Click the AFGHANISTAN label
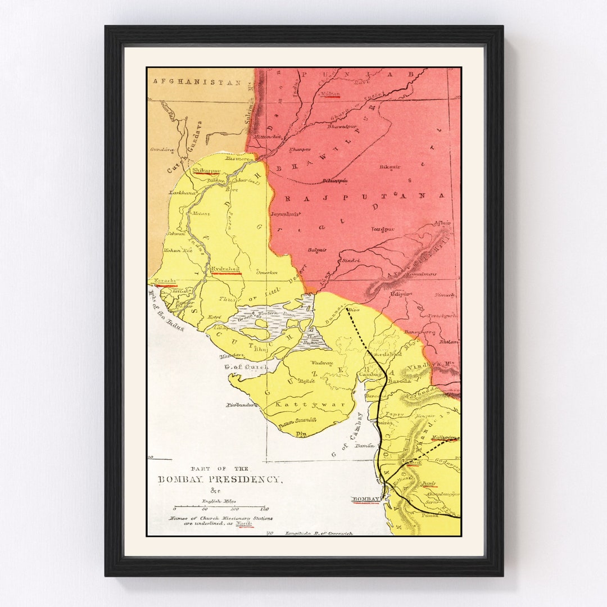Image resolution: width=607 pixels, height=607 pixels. pyautogui.click(x=197, y=82)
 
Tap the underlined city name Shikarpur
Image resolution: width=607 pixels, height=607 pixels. pyautogui.click(x=205, y=170)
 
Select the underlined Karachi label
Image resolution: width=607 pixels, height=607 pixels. pyautogui.click(x=166, y=280)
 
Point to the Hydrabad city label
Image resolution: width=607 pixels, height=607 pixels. pyautogui.click(x=225, y=270)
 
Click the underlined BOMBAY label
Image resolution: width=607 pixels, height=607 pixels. pyautogui.click(x=366, y=499)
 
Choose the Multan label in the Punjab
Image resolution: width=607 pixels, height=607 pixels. pyautogui.click(x=330, y=93)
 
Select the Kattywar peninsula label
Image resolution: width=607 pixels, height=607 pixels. pyautogui.click(x=293, y=404)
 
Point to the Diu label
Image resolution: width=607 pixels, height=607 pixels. pyautogui.click(x=302, y=433)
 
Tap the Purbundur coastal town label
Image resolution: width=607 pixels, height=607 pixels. pyautogui.click(x=242, y=405)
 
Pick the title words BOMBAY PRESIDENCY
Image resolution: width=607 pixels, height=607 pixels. pyautogui.click(x=219, y=479)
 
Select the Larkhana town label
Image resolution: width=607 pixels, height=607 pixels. pyautogui.click(x=183, y=192)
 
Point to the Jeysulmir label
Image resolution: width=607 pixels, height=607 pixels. pyautogui.click(x=286, y=214)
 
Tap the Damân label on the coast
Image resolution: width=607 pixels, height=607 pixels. pyautogui.click(x=365, y=445)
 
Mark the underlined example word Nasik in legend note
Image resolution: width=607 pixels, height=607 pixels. pyautogui.click(x=244, y=523)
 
